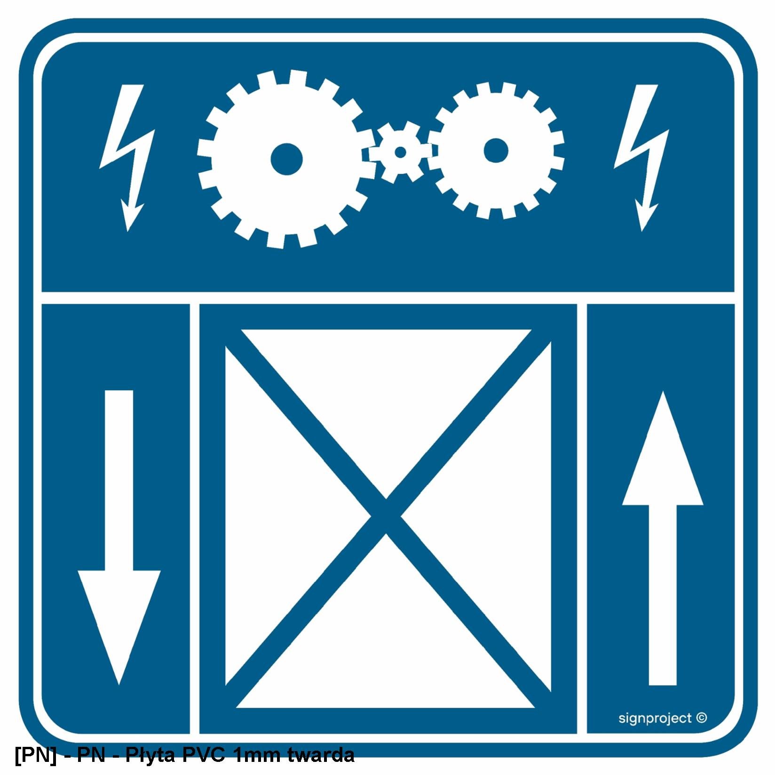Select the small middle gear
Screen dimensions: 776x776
[400, 152]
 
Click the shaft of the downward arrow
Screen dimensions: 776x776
[119, 480]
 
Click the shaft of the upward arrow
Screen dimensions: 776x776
[663, 595]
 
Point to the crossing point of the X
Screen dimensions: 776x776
[386, 516]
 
